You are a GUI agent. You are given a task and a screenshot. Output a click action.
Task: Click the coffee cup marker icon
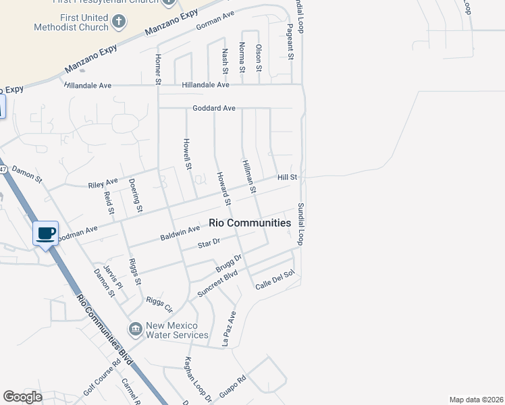(46, 234)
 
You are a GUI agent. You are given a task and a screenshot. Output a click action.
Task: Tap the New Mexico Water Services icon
(136, 329)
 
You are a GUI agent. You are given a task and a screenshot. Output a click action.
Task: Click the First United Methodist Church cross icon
(119, 22)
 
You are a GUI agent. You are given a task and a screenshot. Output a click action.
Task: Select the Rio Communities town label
(250, 223)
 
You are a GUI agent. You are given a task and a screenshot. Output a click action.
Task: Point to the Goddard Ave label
(214, 108)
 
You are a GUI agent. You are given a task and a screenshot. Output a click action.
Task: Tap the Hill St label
(288, 177)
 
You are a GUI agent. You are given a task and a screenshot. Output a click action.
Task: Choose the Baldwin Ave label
(180, 234)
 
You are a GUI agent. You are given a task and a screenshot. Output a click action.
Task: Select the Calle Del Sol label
(275, 281)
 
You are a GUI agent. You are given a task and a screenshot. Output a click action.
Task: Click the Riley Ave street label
(103, 182)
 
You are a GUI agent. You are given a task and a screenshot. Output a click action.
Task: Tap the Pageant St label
(290, 42)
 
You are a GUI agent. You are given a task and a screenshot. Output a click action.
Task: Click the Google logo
(22, 397)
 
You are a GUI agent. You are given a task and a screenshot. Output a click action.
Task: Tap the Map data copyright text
(476, 400)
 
